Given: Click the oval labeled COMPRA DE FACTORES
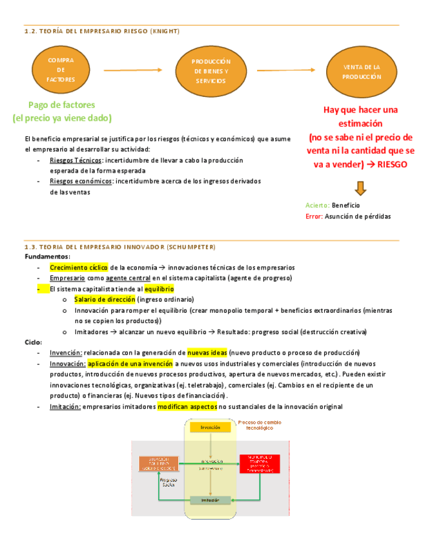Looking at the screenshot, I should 61,70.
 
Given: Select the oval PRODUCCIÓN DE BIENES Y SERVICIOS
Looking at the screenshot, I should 211,71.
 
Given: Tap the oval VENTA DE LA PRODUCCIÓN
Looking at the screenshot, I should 362,72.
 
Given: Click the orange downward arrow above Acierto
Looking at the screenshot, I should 360,188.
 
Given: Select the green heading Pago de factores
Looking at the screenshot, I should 61,105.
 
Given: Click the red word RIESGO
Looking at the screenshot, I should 392,164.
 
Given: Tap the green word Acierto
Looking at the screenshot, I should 317,205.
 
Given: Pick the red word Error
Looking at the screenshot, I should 313,216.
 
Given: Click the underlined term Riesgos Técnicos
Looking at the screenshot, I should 71,160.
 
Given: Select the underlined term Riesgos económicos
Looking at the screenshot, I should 80,181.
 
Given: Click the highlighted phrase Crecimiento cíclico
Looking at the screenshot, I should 79,267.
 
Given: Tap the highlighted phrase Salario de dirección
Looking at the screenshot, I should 105,299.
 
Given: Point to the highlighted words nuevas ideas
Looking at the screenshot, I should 207,353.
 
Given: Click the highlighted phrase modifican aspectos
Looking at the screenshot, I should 187,406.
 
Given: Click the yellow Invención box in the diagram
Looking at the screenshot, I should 211,428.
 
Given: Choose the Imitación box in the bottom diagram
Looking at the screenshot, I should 210,500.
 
